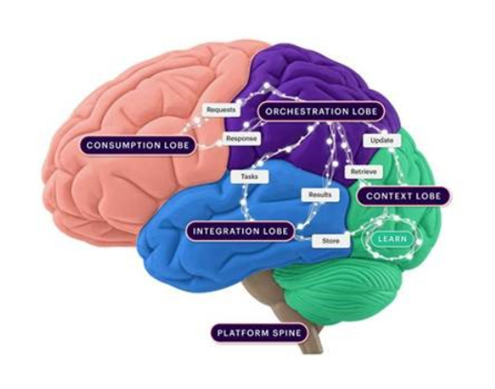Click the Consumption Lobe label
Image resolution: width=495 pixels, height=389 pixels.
[x=137, y=145]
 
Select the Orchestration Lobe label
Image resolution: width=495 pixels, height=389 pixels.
[x=321, y=112]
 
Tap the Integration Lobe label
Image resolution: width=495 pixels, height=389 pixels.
[x=240, y=231]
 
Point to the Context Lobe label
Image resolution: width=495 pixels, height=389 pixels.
[x=403, y=196]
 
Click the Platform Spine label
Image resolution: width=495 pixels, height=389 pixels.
[x=260, y=333]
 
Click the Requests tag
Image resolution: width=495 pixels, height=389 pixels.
[x=221, y=110]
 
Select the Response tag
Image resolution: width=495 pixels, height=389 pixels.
[x=241, y=139]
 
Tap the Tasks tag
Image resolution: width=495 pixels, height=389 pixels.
[x=249, y=176]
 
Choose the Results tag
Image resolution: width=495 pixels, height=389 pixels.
[x=320, y=195]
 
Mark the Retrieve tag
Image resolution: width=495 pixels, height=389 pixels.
[x=364, y=172]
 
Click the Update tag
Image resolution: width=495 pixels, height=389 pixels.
[x=381, y=140]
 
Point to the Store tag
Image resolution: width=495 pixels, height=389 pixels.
[x=331, y=241]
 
